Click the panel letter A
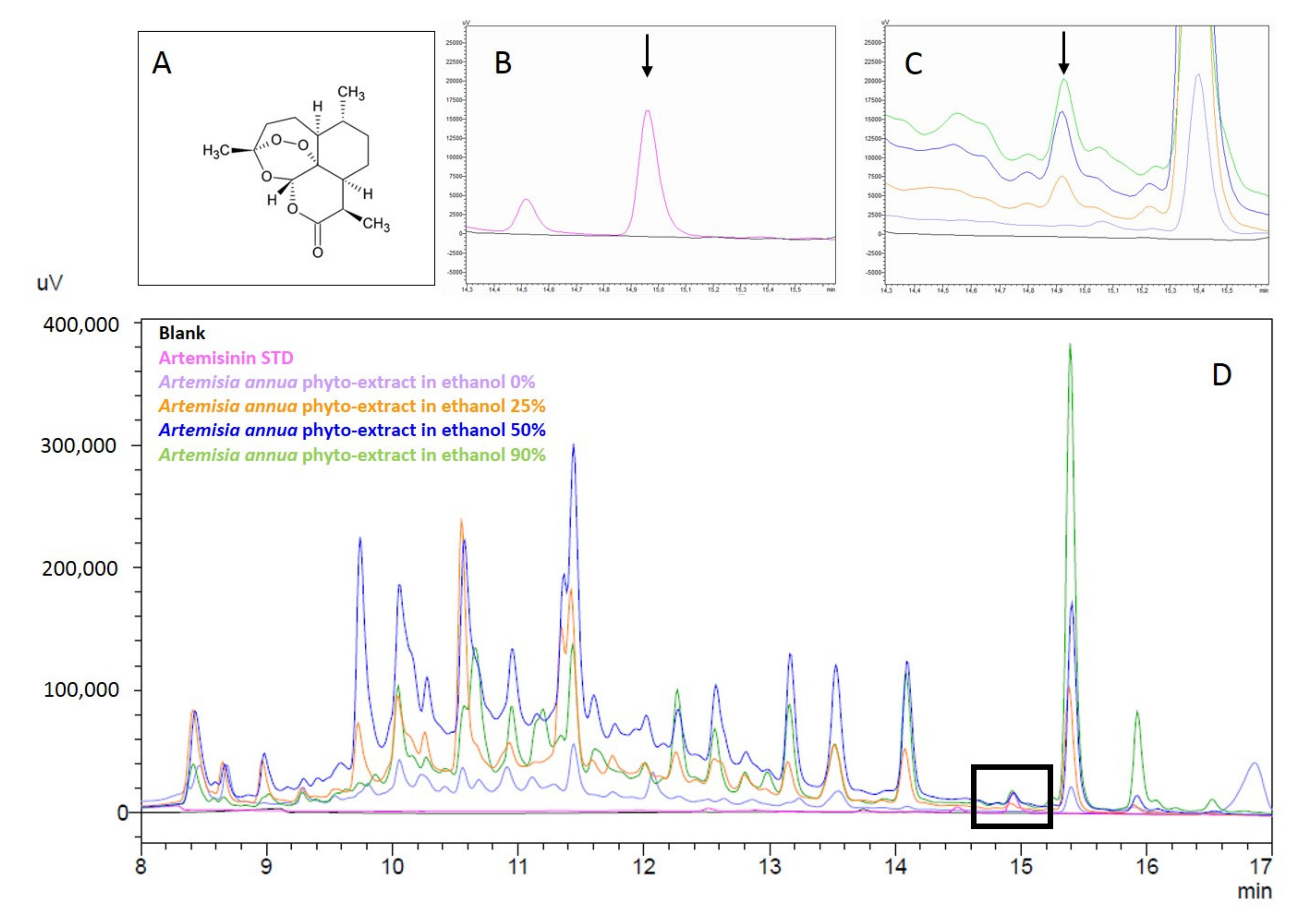[x=161, y=63]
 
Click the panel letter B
[x=503, y=63]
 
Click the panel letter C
[x=913, y=65]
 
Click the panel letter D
[x=1221, y=375]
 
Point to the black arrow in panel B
[x=647, y=55]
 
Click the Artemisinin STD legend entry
[x=226, y=358]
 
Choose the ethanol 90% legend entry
[x=352, y=455]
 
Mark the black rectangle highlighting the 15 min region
[x=1011, y=796]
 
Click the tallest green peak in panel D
[x=1070, y=345]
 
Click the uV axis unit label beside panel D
[x=49, y=283]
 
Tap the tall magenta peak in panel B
[x=647, y=112]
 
